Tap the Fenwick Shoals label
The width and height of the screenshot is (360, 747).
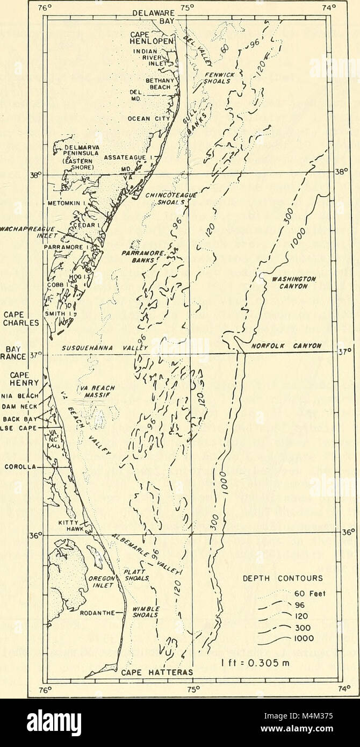coord(217,77)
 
